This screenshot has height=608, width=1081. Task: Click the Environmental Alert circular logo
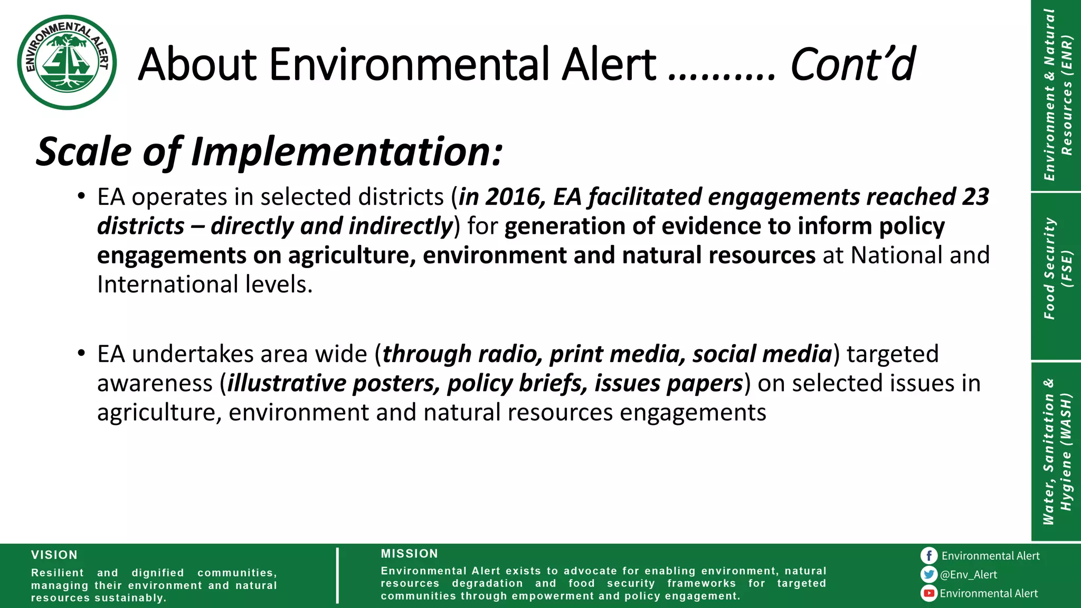tap(67, 62)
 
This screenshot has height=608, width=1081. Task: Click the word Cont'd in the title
tap(852, 64)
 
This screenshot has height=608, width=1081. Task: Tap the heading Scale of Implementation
tap(269, 152)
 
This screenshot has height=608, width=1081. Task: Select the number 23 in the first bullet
tap(975, 197)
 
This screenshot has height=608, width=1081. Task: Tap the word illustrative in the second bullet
tap(286, 384)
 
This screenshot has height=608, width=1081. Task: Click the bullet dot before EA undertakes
tap(81, 353)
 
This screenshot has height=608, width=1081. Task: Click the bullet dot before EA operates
tap(81, 196)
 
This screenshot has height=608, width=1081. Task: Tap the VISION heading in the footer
tap(54, 555)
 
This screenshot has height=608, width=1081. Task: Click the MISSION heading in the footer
tap(410, 554)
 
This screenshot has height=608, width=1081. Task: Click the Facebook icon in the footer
tap(929, 556)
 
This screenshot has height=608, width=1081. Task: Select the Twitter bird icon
tap(929, 574)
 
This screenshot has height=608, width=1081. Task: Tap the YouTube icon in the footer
tap(929, 593)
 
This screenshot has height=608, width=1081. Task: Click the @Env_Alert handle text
tap(969, 575)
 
